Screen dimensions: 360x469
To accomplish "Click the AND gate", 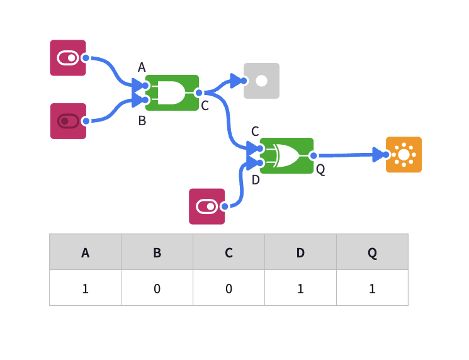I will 172,93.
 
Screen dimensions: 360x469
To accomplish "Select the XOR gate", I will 286,155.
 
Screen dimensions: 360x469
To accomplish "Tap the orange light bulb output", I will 404,155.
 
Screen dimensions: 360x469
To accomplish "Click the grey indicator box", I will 261,81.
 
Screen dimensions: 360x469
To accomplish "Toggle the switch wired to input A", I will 68,58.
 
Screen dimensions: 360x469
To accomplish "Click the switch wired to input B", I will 68,121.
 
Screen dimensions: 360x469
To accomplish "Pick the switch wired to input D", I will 206,206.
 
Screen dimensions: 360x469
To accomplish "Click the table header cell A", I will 85,252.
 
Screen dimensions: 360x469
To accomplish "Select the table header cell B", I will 157,252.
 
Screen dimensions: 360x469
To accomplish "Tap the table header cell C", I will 229,252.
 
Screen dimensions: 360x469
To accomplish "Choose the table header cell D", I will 300,252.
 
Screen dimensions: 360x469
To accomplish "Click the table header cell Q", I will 372,252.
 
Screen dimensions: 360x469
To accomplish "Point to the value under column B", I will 157,288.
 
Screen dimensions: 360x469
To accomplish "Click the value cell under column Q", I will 372,288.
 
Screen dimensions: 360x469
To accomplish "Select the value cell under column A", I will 85,288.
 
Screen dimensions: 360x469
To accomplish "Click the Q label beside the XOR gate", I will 320,169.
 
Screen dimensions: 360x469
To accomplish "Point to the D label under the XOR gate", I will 256,180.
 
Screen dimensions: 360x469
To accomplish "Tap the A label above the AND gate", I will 142,67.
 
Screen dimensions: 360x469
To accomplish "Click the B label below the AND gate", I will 142,121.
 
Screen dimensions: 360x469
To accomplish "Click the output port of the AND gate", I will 199,93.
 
